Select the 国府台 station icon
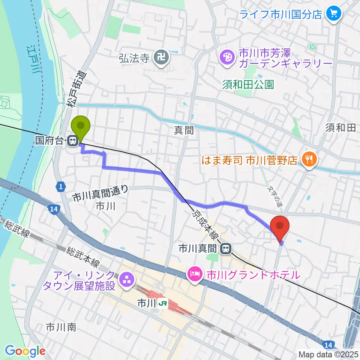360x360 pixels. (72, 141)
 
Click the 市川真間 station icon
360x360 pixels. (226, 248)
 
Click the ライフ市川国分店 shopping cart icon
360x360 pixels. (333, 14)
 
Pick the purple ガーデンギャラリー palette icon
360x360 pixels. (226, 58)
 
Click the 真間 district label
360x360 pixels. (184, 130)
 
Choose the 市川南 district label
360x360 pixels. (61, 327)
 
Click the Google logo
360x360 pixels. (25, 351)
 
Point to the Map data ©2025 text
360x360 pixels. (328, 354)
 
